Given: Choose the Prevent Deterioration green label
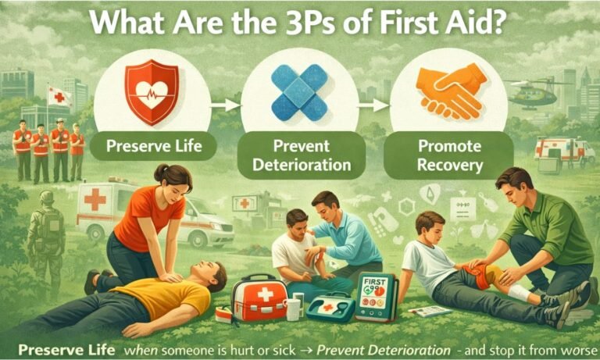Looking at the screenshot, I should [302, 156].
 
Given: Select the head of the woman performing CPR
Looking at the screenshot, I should [177, 181].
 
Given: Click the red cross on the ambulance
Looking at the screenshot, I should [95, 199].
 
